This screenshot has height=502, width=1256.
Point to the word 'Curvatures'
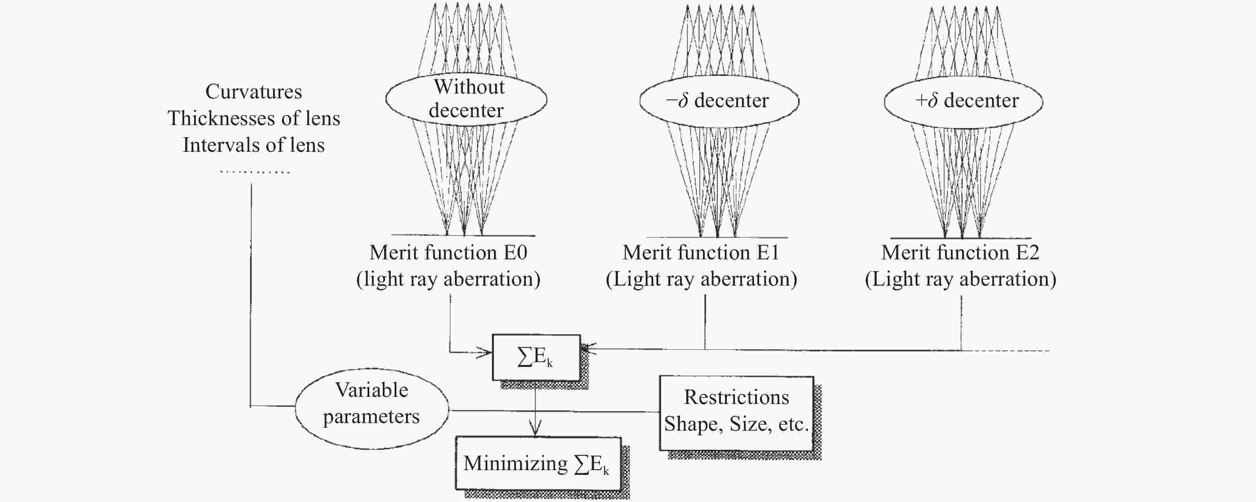[254, 92]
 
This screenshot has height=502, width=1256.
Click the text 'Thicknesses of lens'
[254, 118]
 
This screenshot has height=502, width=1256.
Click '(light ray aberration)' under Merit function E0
[448, 279]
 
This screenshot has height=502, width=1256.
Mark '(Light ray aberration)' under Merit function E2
[961, 279]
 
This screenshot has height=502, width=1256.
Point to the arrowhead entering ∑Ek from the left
[485, 352]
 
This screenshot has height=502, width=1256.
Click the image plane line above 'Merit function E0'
[463, 235]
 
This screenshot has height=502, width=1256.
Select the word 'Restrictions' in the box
[736, 397]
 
